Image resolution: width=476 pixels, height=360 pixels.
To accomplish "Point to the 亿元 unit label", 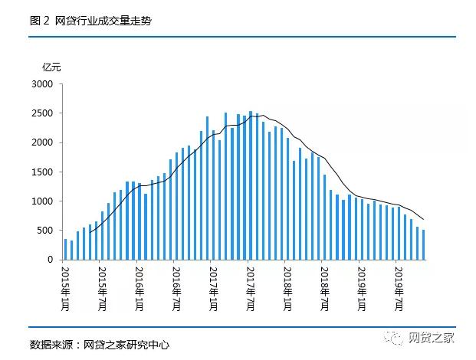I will [x=51, y=67].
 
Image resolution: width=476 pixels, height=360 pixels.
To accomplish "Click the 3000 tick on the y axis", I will [x=42, y=84].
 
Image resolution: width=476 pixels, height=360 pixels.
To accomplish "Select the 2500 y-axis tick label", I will [x=42, y=113].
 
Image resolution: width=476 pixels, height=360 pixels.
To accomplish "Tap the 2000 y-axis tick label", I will [x=42, y=142].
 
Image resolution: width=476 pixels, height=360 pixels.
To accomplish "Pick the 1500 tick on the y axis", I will [x=42, y=172].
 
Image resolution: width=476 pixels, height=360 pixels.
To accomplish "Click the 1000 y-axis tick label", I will [x=42, y=201].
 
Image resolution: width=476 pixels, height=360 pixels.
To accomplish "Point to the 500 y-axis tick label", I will [x=45, y=231].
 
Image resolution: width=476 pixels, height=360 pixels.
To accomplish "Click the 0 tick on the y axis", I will [x=51, y=260].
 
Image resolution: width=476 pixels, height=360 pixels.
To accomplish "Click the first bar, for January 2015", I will [x=65, y=250].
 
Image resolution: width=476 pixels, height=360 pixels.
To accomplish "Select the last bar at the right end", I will [x=424, y=245].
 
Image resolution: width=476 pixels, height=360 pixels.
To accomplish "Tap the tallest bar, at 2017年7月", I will [x=251, y=185].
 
